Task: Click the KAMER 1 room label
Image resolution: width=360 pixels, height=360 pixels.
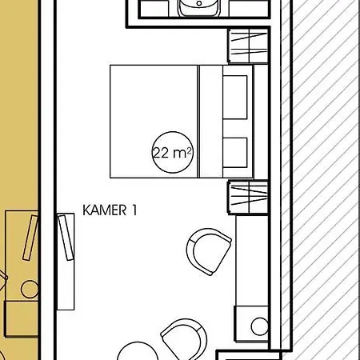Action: tap(110, 210)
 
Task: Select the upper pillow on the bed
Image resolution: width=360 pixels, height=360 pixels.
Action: tap(235, 97)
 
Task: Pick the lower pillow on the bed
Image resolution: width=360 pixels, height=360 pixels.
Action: tap(235, 153)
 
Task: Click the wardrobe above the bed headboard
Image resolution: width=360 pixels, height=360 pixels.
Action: tap(248, 46)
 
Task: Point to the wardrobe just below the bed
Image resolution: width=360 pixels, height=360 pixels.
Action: tap(248, 198)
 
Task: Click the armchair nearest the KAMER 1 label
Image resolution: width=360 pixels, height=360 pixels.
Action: tap(209, 251)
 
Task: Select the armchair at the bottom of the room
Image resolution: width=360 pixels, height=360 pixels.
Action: tap(184, 339)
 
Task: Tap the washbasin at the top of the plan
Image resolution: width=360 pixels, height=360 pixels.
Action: tap(199, 7)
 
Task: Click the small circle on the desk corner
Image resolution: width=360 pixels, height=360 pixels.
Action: tap(260, 326)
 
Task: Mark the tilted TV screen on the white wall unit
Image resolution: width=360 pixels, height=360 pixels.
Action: tap(66, 238)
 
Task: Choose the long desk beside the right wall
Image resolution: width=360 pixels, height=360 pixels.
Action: tap(252, 261)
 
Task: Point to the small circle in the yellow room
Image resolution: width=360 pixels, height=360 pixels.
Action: tap(30, 289)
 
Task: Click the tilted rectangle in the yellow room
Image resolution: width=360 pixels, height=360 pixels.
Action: tap(30, 238)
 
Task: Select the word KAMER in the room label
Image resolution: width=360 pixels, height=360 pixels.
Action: tap(105, 210)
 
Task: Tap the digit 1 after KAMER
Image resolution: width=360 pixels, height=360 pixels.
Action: tap(134, 210)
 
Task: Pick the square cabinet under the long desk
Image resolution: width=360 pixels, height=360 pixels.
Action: tap(251, 324)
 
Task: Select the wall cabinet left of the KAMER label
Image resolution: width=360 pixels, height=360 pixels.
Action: tap(66, 262)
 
